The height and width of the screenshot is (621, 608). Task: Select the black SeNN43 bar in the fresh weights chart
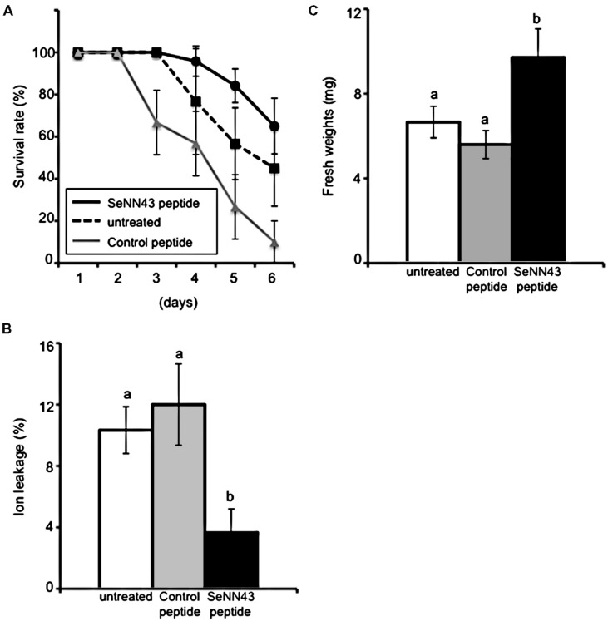[538, 159]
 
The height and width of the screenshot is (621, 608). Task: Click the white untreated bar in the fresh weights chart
[433, 191]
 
